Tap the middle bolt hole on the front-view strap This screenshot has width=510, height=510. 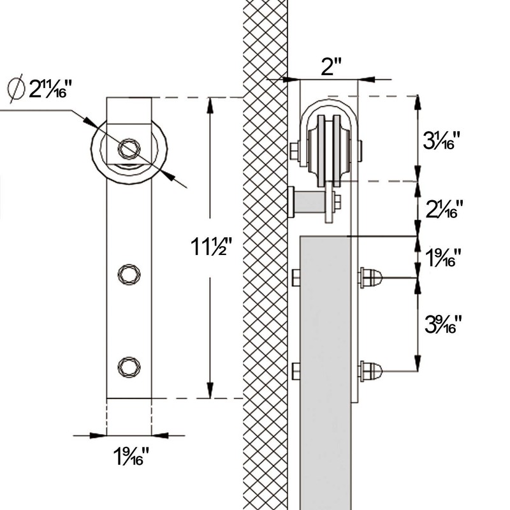point(129,273)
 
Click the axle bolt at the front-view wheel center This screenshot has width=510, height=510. point(129,149)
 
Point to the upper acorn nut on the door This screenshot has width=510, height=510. point(370,277)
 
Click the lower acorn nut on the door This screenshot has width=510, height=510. point(370,370)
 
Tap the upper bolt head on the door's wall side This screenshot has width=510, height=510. point(295,277)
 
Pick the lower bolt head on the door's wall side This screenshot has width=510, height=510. point(295,370)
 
